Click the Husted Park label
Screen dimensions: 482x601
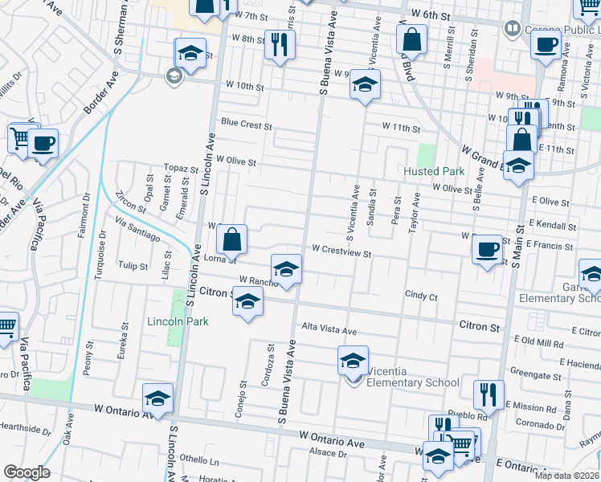click(435, 171)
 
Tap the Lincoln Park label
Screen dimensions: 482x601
click(178, 321)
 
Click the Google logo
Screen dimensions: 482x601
click(27, 472)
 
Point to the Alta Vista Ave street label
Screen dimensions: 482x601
click(329, 330)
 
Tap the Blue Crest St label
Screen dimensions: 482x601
click(247, 125)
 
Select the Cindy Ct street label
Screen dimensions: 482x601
click(421, 296)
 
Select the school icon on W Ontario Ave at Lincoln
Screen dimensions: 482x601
click(157, 398)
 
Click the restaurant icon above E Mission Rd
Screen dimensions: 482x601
click(489, 394)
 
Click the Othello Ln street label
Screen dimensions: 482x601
click(204, 461)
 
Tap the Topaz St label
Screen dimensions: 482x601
click(181, 170)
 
